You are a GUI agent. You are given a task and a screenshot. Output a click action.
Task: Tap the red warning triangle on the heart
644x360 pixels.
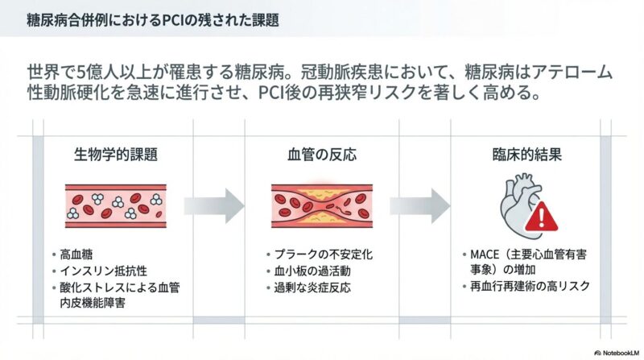545,216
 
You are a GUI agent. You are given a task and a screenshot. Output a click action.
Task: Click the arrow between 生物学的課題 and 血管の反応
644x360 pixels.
214,205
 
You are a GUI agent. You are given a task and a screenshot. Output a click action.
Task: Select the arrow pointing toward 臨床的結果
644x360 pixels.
423,205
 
